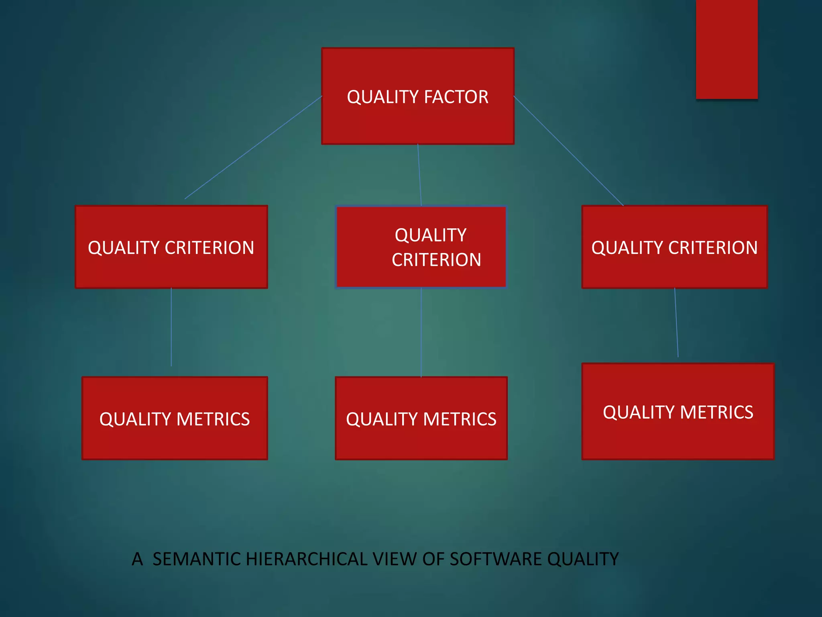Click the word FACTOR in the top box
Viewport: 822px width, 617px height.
(x=456, y=97)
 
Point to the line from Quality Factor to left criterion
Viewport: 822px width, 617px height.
(x=253, y=147)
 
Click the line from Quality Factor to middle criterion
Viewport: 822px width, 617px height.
(x=419, y=175)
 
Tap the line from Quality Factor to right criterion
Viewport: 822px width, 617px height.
(x=569, y=151)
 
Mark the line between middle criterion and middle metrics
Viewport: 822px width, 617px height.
(x=421, y=333)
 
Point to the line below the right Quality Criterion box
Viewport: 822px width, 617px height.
(x=676, y=323)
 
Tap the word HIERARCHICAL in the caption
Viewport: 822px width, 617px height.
(x=307, y=559)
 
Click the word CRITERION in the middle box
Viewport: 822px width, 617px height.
(x=436, y=260)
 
